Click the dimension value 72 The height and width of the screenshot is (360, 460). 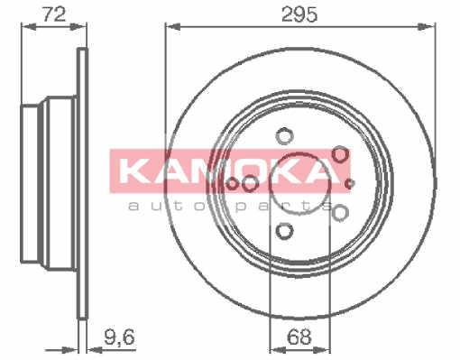click(x=54, y=14)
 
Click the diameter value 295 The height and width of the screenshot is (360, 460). click(x=299, y=14)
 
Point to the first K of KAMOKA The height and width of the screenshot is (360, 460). click(x=133, y=171)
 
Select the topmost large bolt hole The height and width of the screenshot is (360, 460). click(x=284, y=135)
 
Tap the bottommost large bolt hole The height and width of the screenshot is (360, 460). click(x=284, y=231)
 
